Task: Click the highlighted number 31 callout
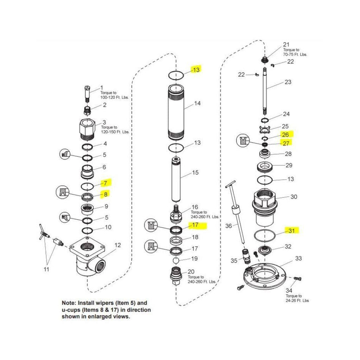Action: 291,230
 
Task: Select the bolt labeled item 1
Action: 87,94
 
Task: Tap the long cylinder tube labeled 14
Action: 176,112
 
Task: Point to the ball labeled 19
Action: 176,260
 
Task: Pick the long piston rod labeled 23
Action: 265,91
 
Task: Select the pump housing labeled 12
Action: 87,258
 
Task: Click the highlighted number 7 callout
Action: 105,183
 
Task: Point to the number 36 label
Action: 229,226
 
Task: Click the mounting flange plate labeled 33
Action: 265,276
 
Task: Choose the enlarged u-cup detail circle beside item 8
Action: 63,192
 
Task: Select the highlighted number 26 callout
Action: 285,135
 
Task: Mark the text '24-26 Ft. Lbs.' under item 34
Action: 297,301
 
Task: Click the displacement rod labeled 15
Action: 176,179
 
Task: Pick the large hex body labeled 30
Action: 265,209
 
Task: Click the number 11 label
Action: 46,269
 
